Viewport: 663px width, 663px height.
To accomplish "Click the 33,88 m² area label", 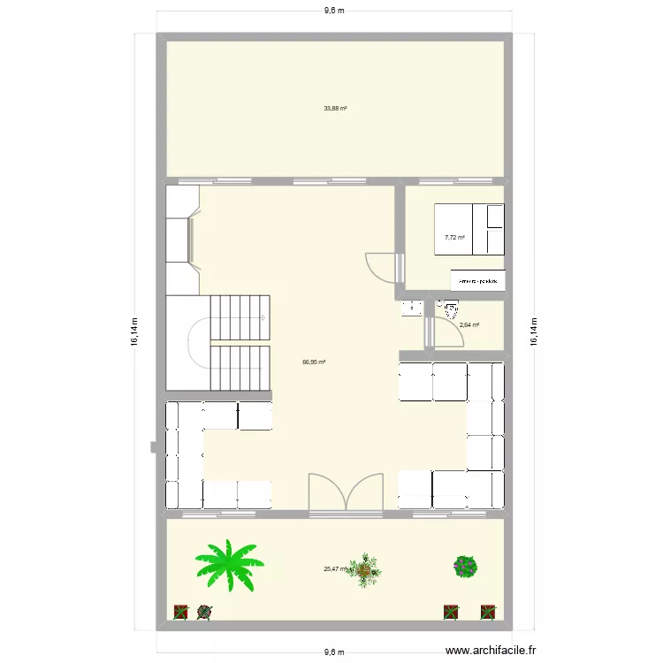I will pyautogui.click(x=335, y=109).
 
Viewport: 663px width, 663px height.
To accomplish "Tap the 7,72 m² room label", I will pyautogui.click(x=455, y=237).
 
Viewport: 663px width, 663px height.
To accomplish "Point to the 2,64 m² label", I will pyautogui.click(x=469, y=324).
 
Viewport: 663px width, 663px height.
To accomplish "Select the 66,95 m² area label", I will pyautogui.click(x=314, y=362).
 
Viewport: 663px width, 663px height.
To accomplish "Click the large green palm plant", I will pyautogui.click(x=229, y=564).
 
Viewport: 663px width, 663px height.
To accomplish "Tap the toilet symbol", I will pyautogui.click(x=450, y=309).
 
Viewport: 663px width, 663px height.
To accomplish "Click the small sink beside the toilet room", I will pyautogui.click(x=411, y=308).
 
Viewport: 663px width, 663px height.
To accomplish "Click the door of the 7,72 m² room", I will pyautogui.click(x=382, y=266).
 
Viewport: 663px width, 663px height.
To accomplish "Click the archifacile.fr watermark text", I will pyautogui.click(x=492, y=651).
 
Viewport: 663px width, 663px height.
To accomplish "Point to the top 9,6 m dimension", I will pyautogui.click(x=333, y=11).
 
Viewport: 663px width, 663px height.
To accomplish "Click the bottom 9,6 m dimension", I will pyautogui.click(x=333, y=652).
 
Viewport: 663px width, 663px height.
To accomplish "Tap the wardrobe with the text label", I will pyautogui.click(x=479, y=280).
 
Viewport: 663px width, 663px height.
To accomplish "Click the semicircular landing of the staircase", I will pyautogui.click(x=199, y=339).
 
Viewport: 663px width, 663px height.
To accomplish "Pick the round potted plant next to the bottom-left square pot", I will pyautogui.click(x=205, y=611).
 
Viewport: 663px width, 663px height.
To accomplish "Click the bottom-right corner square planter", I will pyautogui.click(x=487, y=611).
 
